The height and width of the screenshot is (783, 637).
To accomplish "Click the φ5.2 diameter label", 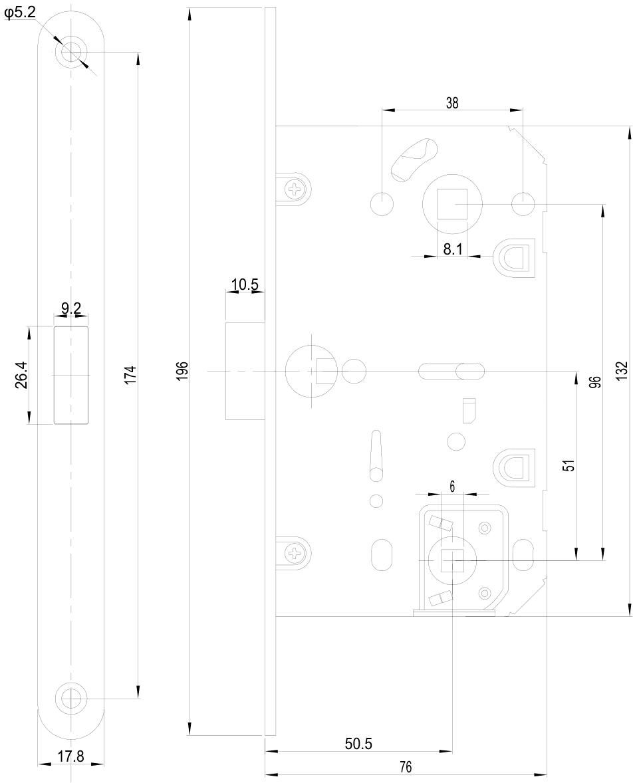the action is pyautogui.click(x=20, y=13).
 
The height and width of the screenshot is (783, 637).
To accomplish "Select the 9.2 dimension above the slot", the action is pyautogui.click(x=71, y=308).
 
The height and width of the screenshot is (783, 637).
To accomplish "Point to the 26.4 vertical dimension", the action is pyautogui.click(x=21, y=376).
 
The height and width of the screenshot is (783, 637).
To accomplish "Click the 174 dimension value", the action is pyautogui.click(x=130, y=375).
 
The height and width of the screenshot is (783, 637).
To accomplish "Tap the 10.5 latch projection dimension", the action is pyautogui.click(x=244, y=284).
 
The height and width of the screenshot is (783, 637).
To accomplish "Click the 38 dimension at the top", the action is pyautogui.click(x=451, y=103).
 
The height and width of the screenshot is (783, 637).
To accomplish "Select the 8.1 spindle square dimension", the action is pyautogui.click(x=452, y=249).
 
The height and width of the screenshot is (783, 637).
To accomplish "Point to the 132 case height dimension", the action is pyautogui.click(x=621, y=372).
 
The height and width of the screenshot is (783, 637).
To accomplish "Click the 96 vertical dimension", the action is pyautogui.click(x=594, y=382).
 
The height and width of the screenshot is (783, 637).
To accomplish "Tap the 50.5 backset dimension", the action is pyautogui.click(x=358, y=744).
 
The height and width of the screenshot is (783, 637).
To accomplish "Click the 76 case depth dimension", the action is pyautogui.click(x=406, y=766).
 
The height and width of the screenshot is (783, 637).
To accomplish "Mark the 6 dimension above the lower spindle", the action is pyautogui.click(x=452, y=487).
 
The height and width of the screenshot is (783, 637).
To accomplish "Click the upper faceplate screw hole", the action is pyautogui.click(x=71, y=52).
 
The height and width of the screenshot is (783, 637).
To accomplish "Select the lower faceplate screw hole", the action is pyautogui.click(x=71, y=697).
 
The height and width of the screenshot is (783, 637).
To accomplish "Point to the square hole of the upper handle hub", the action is pyautogui.click(x=452, y=204).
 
